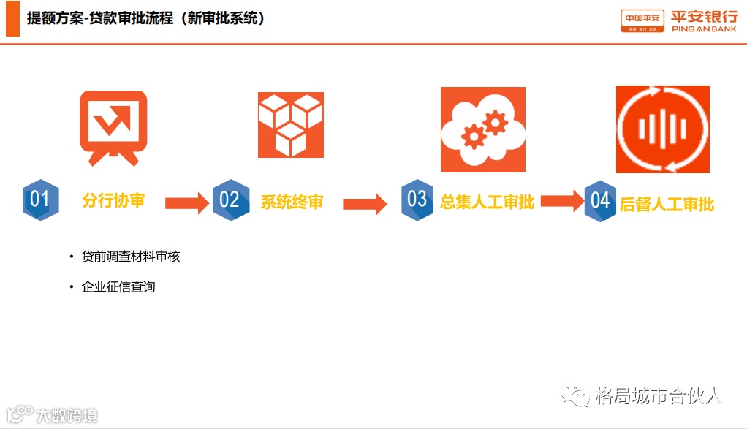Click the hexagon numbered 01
pyautogui.click(x=40, y=200)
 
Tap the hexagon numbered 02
pyautogui.click(x=230, y=200)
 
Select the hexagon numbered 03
pyautogui.click(x=417, y=199)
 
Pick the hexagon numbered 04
pyautogui.click(x=601, y=200)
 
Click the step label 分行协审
pyautogui.click(x=113, y=200)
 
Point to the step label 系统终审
pyautogui.click(x=292, y=202)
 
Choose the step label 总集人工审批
pyautogui.click(x=487, y=202)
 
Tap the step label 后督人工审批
pyautogui.click(x=667, y=204)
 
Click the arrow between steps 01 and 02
pyautogui.click(x=187, y=203)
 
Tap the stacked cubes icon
pyautogui.click(x=291, y=124)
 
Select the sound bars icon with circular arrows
pyautogui.click(x=662, y=129)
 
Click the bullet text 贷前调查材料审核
pyautogui.click(x=131, y=257)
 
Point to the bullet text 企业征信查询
pyautogui.click(x=118, y=286)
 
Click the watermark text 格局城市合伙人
pyautogui.click(x=659, y=396)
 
